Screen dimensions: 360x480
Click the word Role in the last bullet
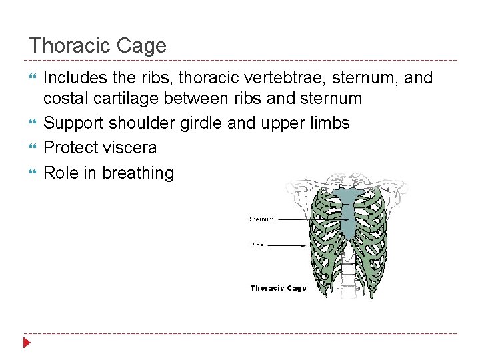[60, 173]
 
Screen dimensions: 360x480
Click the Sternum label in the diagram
[261, 219]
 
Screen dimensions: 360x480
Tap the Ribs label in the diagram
[257, 245]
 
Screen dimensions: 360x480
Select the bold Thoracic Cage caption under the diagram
[278, 288]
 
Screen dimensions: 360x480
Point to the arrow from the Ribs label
[293, 245]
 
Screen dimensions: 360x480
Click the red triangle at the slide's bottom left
[27, 344]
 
